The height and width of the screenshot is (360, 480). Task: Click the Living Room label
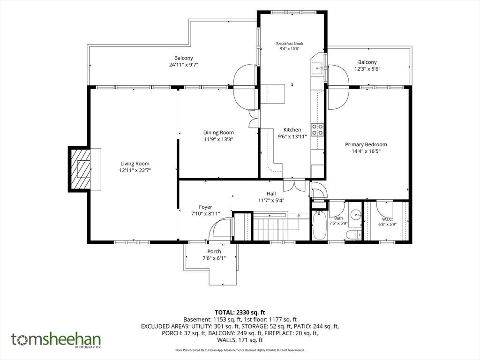(x=135, y=164)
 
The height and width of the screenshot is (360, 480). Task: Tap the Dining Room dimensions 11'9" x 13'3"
(x=218, y=139)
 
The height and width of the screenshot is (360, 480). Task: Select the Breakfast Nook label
(x=290, y=44)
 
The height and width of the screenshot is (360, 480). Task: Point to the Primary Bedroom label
(x=366, y=144)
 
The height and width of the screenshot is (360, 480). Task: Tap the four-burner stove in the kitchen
(x=317, y=129)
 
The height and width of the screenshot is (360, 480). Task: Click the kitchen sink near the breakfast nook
(x=317, y=68)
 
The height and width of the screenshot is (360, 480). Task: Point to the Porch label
(x=214, y=251)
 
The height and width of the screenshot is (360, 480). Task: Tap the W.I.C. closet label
(x=387, y=219)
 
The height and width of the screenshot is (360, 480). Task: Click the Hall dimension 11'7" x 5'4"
(x=271, y=201)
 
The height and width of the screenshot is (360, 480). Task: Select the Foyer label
(x=205, y=207)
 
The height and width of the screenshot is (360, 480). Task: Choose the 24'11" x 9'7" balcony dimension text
(x=184, y=65)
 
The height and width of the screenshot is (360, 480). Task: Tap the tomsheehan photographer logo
(x=56, y=340)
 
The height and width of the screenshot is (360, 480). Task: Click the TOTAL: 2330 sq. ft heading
(x=240, y=313)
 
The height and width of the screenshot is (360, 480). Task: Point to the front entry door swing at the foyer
(x=220, y=229)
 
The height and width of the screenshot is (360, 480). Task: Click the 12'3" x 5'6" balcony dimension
(x=367, y=69)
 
